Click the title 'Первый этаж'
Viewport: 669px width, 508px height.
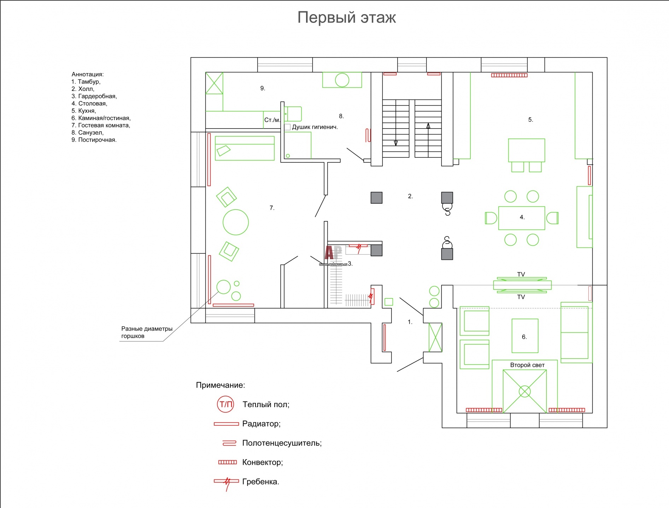(346, 18)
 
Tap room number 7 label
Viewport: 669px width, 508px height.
(272, 208)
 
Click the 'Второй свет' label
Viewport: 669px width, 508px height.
(527, 365)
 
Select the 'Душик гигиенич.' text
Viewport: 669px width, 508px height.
(315, 127)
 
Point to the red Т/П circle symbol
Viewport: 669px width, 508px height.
(225, 404)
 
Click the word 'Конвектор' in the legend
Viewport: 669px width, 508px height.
(263, 462)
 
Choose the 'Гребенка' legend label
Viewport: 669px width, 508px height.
(260, 482)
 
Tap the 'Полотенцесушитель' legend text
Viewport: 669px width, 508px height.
(282, 443)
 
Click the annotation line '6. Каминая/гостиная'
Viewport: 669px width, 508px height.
(101, 118)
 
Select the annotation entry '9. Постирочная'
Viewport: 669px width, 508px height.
(94, 140)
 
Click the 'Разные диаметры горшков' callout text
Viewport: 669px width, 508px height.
(147, 332)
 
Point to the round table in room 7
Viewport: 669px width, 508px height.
(236, 222)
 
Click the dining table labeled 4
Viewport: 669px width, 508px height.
(522, 218)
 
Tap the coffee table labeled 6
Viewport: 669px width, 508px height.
(525, 336)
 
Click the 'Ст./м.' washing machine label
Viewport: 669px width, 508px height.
(272, 120)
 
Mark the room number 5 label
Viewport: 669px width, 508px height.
(530, 120)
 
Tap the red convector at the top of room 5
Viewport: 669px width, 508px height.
(509, 75)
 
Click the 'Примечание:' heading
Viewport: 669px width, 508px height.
(221, 385)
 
